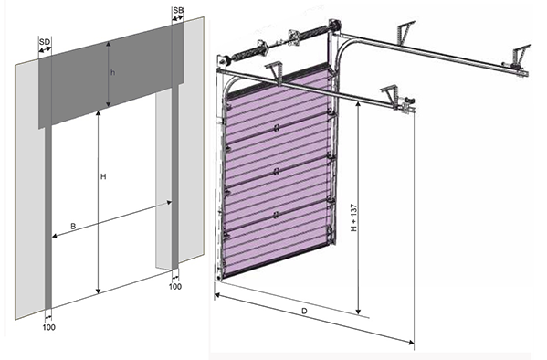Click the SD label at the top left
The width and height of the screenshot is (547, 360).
[45, 42]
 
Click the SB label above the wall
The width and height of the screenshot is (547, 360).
[178, 10]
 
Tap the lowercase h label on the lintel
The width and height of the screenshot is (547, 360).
[112, 72]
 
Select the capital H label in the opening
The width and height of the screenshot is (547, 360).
[103, 176]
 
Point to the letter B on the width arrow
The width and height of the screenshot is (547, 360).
[73, 227]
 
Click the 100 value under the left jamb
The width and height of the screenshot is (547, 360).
[48, 327]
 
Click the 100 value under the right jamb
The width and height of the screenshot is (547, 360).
[175, 286]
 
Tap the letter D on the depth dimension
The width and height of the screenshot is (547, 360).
[304, 311]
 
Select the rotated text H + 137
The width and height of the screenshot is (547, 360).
[354, 217]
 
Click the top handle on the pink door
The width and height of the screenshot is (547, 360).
[277, 128]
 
